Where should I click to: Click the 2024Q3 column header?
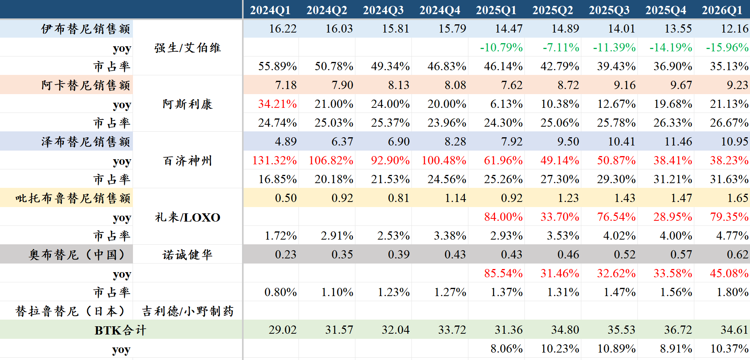[x=383, y=10]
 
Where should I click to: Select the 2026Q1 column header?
[x=722, y=10]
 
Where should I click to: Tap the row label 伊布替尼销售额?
[x=86, y=29]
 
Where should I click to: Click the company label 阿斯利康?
[x=187, y=104]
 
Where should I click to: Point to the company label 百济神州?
[x=187, y=160]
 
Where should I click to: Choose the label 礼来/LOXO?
[x=187, y=217]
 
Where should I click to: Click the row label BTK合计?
[x=120, y=330]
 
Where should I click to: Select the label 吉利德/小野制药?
[x=187, y=311]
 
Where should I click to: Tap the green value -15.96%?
[x=727, y=47]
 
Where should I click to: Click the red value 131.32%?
[x=275, y=160]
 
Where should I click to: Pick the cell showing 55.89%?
[x=277, y=66]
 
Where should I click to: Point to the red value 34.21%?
[x=277, y=104]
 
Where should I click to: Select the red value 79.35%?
[x=729, y=217]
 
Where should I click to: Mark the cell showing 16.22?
[x=283, y=29]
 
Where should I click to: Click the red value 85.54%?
[x=503, y=273]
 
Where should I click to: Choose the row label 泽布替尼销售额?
[x=86, y=142]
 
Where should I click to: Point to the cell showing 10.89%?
[x=616, y=349]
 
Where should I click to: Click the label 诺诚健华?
[x=187, y=255]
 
